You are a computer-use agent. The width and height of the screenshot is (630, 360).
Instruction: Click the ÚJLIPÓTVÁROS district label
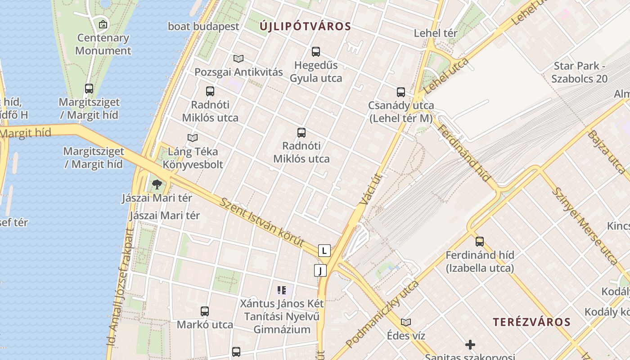305,27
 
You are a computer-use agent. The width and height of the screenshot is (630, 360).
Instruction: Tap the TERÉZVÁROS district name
531,322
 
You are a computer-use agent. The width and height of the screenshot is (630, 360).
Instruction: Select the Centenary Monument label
103,44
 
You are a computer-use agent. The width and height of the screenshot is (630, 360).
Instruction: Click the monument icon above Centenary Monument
103,24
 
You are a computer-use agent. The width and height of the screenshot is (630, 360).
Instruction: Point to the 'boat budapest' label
203,27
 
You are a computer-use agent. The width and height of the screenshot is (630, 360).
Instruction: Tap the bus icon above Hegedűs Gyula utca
316,52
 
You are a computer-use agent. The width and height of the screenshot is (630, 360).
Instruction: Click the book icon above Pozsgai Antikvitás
238,58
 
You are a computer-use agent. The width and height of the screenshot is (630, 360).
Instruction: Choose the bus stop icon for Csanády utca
401,92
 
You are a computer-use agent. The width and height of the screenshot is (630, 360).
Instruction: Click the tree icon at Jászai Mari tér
157,184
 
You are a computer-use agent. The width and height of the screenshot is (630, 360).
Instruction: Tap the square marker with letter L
324,251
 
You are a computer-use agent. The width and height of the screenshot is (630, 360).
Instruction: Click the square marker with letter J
320,270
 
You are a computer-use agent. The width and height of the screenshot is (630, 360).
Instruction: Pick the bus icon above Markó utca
205,311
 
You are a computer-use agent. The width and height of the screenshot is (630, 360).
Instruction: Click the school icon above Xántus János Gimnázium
282,290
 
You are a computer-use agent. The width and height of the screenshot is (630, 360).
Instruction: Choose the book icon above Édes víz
406,322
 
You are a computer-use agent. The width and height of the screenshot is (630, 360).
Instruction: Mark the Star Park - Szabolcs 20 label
580,72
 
